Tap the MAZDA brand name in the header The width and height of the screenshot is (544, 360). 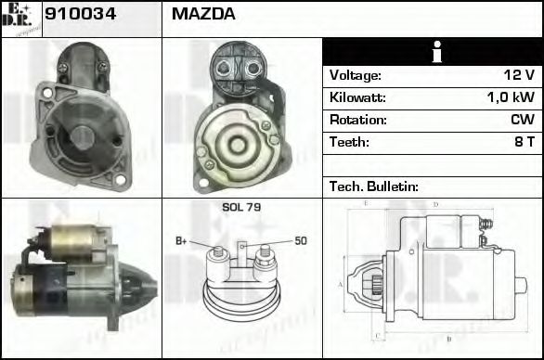pyautogui.click(x=202, y=14)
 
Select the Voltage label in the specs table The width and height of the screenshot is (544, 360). pyautogui.click(x=355, y=75)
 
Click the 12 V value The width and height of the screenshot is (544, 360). pyautogui.click(x=523, y=75)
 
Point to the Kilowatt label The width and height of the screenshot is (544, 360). pyautogui.click(x=357, y=97)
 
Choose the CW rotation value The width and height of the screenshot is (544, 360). pyautogui.click(x=523, y=120)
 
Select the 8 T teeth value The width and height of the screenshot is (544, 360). pyautogui.click(x=525, y=142)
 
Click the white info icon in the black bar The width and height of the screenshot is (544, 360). pyautogui.click(x=432, y=52)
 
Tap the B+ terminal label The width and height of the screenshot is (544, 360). pyautogui.click(x=181, y=242)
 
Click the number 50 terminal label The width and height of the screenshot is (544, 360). pyautogui.click(x=300, y=241)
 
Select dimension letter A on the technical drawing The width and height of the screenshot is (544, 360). pyautogui.click(x=342, y=283)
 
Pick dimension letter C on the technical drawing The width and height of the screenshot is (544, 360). pyautogui.click(x=375, y=336)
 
